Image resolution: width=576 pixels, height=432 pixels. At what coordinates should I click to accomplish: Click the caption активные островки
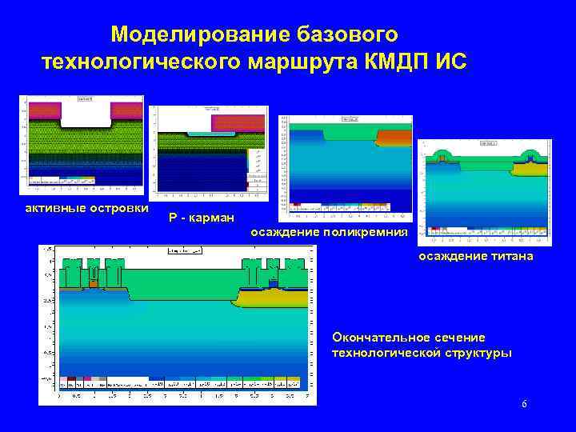point(86,209)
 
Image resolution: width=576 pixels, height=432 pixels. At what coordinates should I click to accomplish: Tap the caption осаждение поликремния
point(329,232)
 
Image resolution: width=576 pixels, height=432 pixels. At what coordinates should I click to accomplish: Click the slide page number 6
point(524,405)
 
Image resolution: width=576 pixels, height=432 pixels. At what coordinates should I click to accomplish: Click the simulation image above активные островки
point(84,145)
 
